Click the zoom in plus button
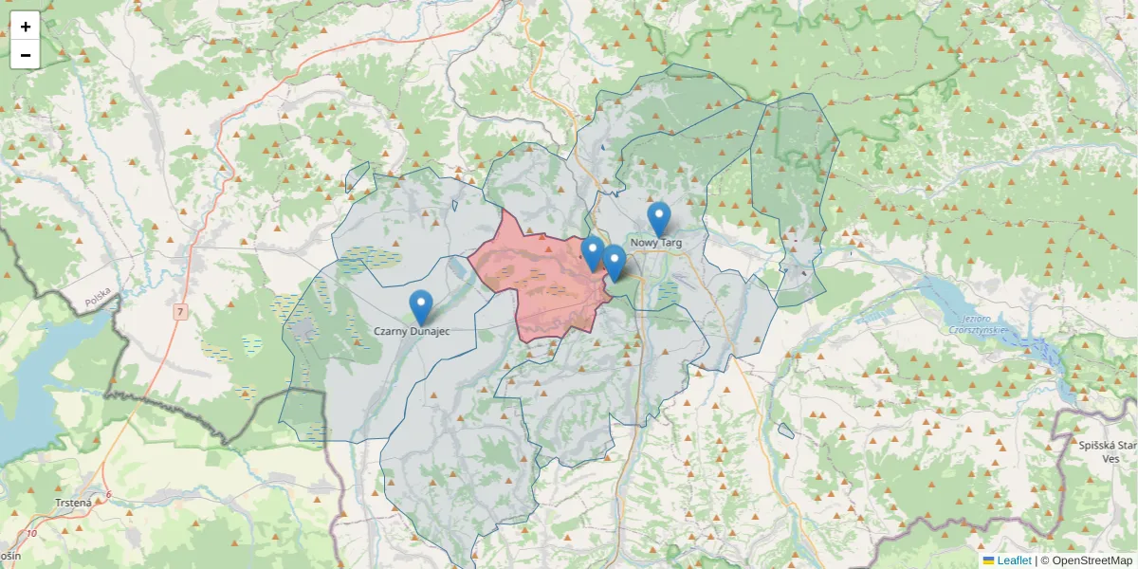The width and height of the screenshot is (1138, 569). coord(26,27)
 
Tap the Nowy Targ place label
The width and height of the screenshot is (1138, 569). coord(655,243)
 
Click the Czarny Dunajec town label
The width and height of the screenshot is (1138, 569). coord(411,331)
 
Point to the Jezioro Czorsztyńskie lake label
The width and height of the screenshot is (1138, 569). coord(978,323)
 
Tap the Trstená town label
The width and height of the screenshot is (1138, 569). coord(73,503)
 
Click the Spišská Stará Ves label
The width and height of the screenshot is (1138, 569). coord(1110,450)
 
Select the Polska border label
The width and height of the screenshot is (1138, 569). coord(98,297)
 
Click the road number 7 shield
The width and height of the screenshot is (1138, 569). coord(180,311)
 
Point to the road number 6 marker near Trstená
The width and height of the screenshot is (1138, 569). coord(109,494)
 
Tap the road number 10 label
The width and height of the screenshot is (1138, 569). coord(33,534)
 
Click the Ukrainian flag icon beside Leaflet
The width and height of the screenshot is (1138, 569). coord(989,560)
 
